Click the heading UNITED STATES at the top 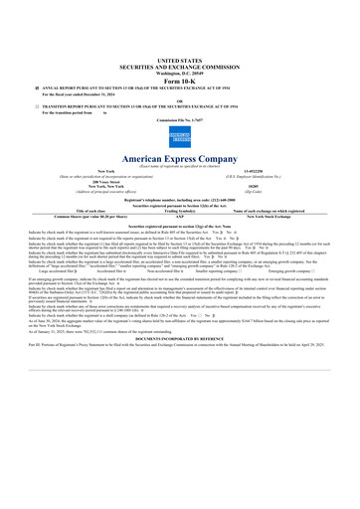tap(179, 60)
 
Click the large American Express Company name tap(179, 159)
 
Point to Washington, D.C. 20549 tap(179, 73)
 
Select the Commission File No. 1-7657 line tap(179, 120)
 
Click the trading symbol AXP tap(179, 216)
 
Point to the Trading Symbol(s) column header tap(179, 211)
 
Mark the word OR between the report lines tap(179, 100)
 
